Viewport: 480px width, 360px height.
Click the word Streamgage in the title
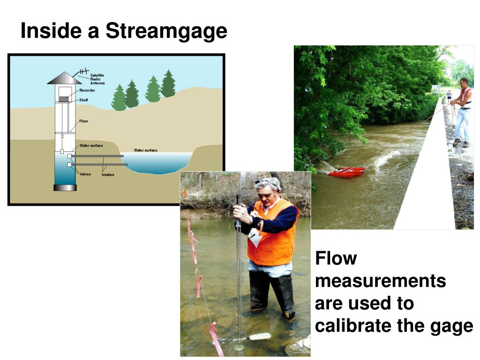click(166, 31)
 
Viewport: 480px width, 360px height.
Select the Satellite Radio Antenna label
click(97, 79)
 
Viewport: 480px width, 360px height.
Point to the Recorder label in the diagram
click(87, 90)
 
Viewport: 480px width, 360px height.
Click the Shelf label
click(83, 100)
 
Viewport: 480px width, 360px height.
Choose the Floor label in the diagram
click(83, 121)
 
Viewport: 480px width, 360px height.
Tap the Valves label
click(85, 174)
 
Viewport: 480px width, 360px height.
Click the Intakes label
click(108, 174)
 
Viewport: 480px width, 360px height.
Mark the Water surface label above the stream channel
click(146, 150)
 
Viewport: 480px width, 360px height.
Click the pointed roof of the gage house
click(65, 78)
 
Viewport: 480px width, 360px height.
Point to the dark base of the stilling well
click(65, 187)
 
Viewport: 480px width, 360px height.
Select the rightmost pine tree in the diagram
click(168, 84)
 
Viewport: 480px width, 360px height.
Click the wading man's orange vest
click(272, 234)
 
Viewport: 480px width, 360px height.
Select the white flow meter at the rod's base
click(260, 336)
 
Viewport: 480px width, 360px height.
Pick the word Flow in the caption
click(336, 258)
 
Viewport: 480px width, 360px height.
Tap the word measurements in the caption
click(381, 281)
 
